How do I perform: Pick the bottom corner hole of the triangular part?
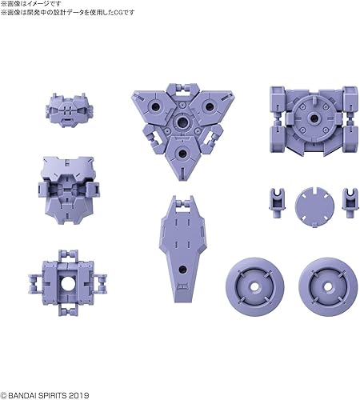point(183,152)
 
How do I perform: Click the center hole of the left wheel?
point(257,285)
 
